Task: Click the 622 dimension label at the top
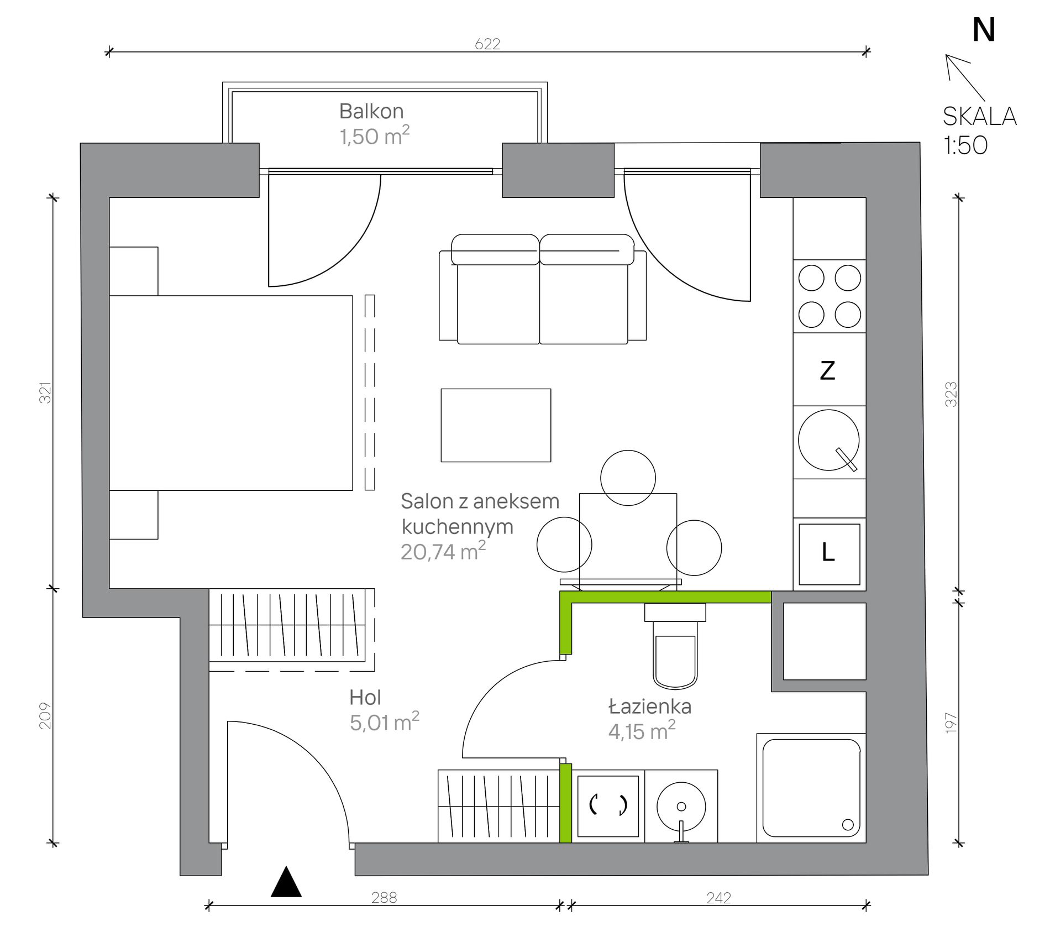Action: (x=487, y=44)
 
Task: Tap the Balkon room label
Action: (x=371, y=111)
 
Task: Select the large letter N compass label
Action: (x=984, y=30)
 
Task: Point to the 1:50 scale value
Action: (x=965, y=145)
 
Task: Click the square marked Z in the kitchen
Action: (x=830, y=369)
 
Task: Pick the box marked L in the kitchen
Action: (x=830, y=554)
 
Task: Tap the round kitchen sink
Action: (x=829, y=440)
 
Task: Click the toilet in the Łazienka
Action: (x=675, y=646)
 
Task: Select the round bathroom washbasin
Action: (x=681, y=807)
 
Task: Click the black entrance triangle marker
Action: (x=286, y=881)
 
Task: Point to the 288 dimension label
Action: (x=384, y=898)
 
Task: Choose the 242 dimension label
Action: (x=718, y=898)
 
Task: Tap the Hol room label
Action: (x=365, y=698)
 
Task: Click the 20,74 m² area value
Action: (x=443, y=551)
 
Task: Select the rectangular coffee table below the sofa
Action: (x=496, y=425)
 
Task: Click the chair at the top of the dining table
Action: (x=628, y=478)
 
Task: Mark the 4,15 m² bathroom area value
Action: (x=642, y=731)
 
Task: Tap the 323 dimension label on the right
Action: (x=951, y=394)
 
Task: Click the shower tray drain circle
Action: (x=848, y=825)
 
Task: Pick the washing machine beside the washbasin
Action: (x=608, y=807)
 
